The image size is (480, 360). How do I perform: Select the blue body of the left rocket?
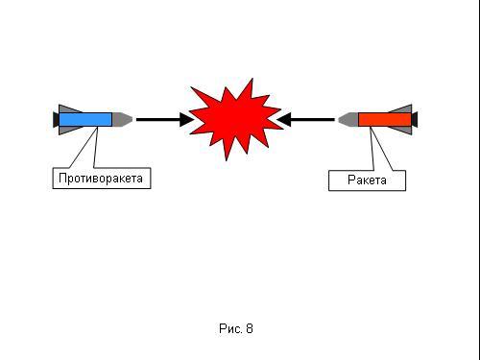(x=85, y=119)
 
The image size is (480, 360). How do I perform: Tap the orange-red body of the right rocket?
(x=385, y=119)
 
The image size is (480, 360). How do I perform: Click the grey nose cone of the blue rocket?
(x=122, y=119)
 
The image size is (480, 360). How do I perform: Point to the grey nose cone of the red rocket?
(x=348, y=119)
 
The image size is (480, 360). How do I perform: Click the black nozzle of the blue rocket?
(x=56, y=119)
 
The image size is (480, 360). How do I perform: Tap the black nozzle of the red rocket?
(x=415, y=119)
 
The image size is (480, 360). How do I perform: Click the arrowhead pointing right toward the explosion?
(x=186, y=120)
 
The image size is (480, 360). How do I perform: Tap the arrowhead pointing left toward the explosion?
(x=284, y=120)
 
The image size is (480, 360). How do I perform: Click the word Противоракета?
(x=101, y=179)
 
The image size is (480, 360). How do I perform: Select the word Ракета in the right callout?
(x=367, y=180)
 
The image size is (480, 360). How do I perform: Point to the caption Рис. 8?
(x=236, y=328)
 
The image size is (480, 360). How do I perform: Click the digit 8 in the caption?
(x=250, y=328)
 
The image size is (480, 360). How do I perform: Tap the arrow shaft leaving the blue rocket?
(x=158, y=120)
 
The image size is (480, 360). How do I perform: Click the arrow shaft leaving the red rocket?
(x=312, y=120)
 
